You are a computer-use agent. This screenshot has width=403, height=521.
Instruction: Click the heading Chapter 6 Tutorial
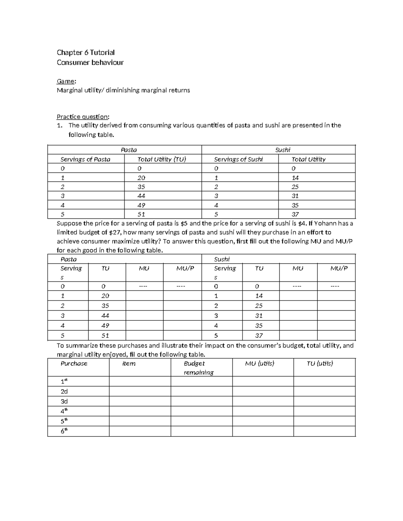[x=86, y=52]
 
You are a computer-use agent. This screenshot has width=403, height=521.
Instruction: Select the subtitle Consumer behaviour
[x=90, y=62]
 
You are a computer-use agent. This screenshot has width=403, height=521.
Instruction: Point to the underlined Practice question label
[x=83, y=117]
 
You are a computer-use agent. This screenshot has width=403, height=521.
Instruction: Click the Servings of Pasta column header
[x=85, y=159]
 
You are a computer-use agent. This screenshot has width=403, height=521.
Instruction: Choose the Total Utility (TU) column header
[x=162, y=159]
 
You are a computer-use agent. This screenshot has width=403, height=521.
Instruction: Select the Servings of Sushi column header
[x=238, y=159]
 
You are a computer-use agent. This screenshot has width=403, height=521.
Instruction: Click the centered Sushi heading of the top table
[x=283, y=150]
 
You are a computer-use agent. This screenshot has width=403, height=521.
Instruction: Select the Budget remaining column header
[x=198, y=368]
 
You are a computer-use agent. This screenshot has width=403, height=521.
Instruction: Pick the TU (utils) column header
[x=320, y=364]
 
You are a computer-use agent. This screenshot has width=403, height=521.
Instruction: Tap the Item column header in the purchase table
[x=129, y=364]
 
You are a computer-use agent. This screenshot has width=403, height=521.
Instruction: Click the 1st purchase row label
[x=64, y=381]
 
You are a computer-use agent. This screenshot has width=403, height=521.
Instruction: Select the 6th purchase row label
[x=64, y=431]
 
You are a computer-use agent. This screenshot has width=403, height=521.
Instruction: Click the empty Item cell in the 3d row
[x=140, y=401]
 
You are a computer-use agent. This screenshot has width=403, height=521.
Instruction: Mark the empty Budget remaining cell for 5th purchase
[x=201, y=421]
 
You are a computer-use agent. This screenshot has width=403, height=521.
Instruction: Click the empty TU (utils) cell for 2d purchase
[x=324, y=391]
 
